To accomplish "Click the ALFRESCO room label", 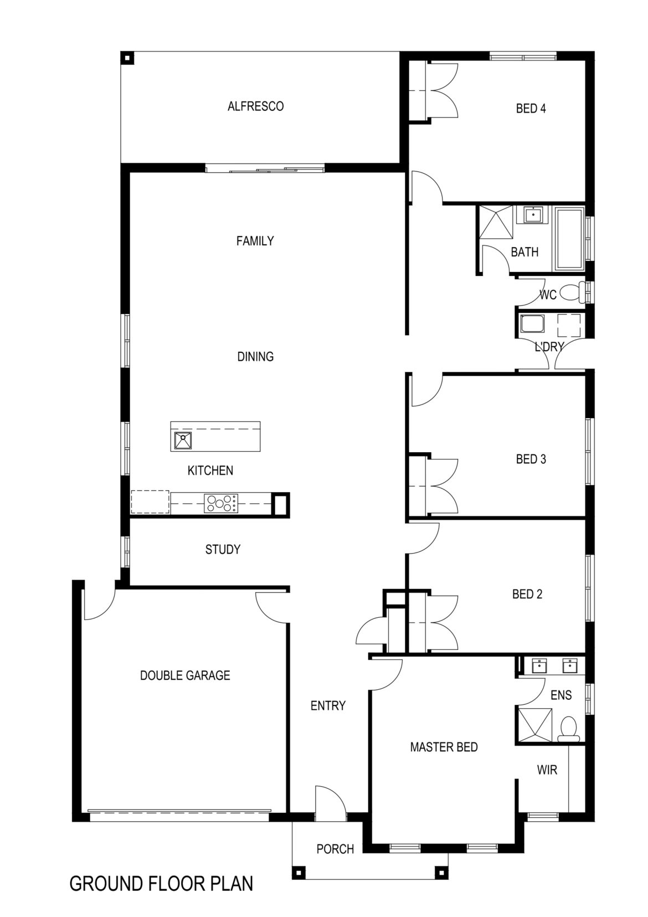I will pyautogui.click(x=255, y=106).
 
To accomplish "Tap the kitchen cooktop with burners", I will pyautogui.click(x=221, y=503).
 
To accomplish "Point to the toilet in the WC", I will pyautogui.click(x=570, y=292).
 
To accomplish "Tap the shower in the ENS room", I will pyautogui.click(x=534, y=724).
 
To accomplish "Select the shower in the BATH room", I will pyautogui.click(x=496, y=222).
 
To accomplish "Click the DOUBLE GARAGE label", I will pyautogui.click(x=184, y=675).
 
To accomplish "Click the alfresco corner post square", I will pyautogui.click(x=127, y=58).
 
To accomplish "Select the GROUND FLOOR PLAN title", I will pyautogui.click(x=161, y=883).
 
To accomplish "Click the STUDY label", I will pyautogui.click(x=223, y=550).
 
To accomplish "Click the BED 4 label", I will pyautogui.click(x=531, y=109).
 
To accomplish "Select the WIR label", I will pyautogui.click(x=547, y=770).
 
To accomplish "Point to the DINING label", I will pyautogui.click(x=255, y=357).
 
